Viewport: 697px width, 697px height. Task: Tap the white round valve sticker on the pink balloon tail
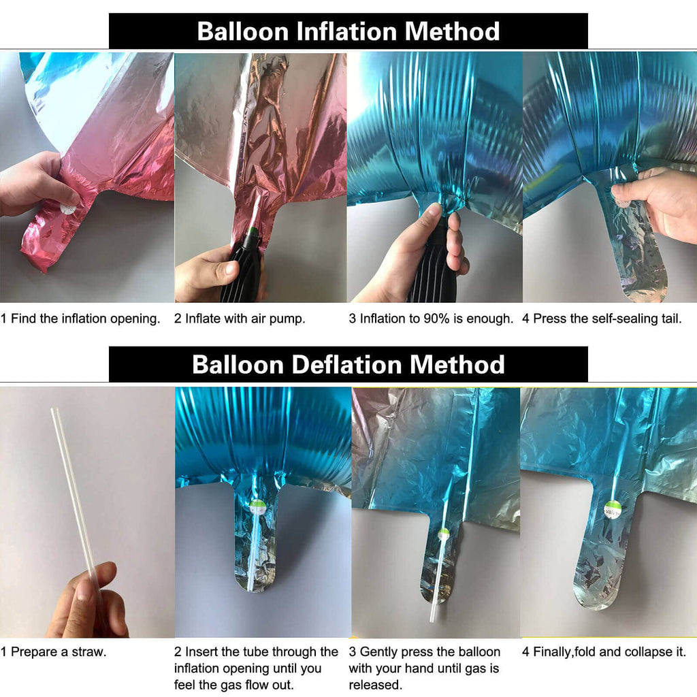click(x=69, y=207)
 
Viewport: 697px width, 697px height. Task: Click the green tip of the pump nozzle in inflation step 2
click(x=252, y=231)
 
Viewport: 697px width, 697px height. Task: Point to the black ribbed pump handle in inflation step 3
click(x=431, y=271)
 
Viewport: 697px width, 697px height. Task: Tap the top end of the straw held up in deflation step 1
click(x=54, y=410)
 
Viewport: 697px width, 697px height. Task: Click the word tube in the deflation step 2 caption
click(x=253, y=652)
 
